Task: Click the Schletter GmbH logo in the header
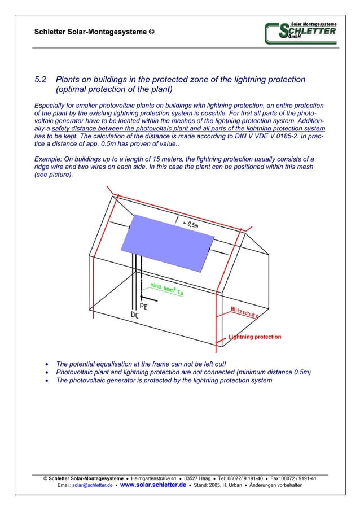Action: pyautogui.click(x=301, y=32)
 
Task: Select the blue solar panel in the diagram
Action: pyautogui.click(x=168, y=241)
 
